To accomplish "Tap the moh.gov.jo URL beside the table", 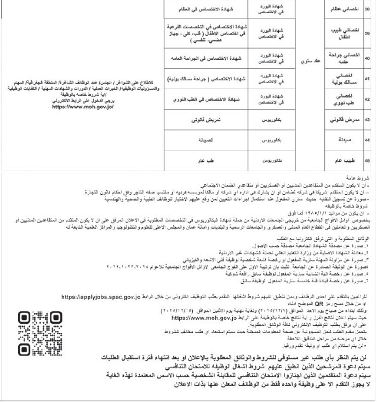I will pyautogui.click(x=82, y=107).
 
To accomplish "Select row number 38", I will pyautogui.click(x=367, y=9).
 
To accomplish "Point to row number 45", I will pyautogui.click(x=367, y=161).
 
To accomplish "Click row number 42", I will pyautogui.click(x=367, y=99).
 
